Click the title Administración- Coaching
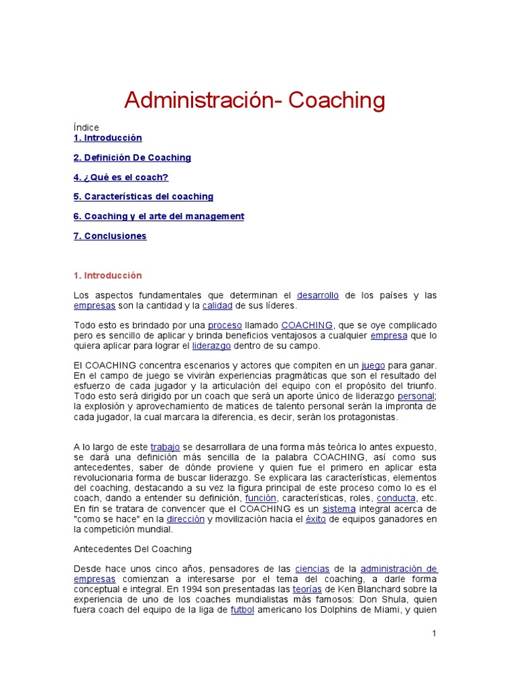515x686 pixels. (x=255, y=100)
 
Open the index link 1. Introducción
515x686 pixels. (x=107, y=138)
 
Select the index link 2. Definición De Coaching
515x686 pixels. (x=132, y=157)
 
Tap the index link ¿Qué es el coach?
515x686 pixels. (x=121, y=178)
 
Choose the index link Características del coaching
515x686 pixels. (x=144, y=197)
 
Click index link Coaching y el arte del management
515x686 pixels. (x=159, y=216)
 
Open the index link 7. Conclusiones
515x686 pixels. (x=110, y=236)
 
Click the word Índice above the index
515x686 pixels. (x=87, y=127)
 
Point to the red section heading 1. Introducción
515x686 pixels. (x=107, y=275)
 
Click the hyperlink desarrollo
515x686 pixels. (x=318, y=295)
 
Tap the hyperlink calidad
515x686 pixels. (x=217, y=305)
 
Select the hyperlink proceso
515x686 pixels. (x=225, y=326)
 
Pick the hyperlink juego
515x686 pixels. (x=373, y=365)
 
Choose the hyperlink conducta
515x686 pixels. (x=396, y=498)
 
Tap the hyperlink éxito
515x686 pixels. (x=315, y=519)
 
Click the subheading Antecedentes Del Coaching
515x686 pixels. (x=132, y=549)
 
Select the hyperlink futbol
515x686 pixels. (x=242, y=610)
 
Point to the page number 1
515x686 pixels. (x=435, y=634)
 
